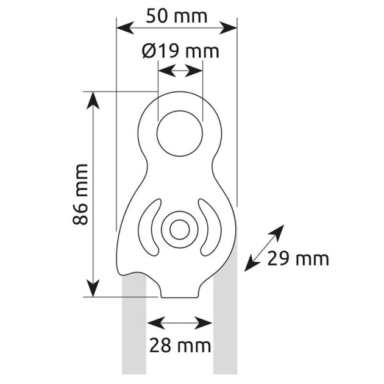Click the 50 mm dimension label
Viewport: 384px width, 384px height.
pos(177,16)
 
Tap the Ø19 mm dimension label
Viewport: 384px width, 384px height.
pos(180,51)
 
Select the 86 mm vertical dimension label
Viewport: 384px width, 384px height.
pos(80,194)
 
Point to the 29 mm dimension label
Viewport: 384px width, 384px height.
pos(298,259)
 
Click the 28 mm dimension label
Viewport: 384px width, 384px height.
pos(180,346)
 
